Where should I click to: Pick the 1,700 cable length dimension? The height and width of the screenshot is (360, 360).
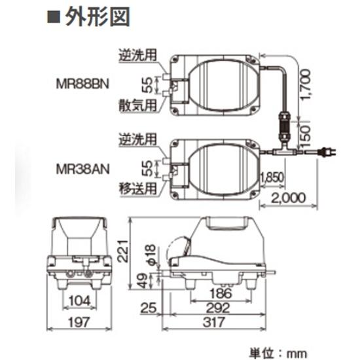pos(311,86)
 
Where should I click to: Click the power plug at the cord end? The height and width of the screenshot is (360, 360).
pos(327,154)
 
